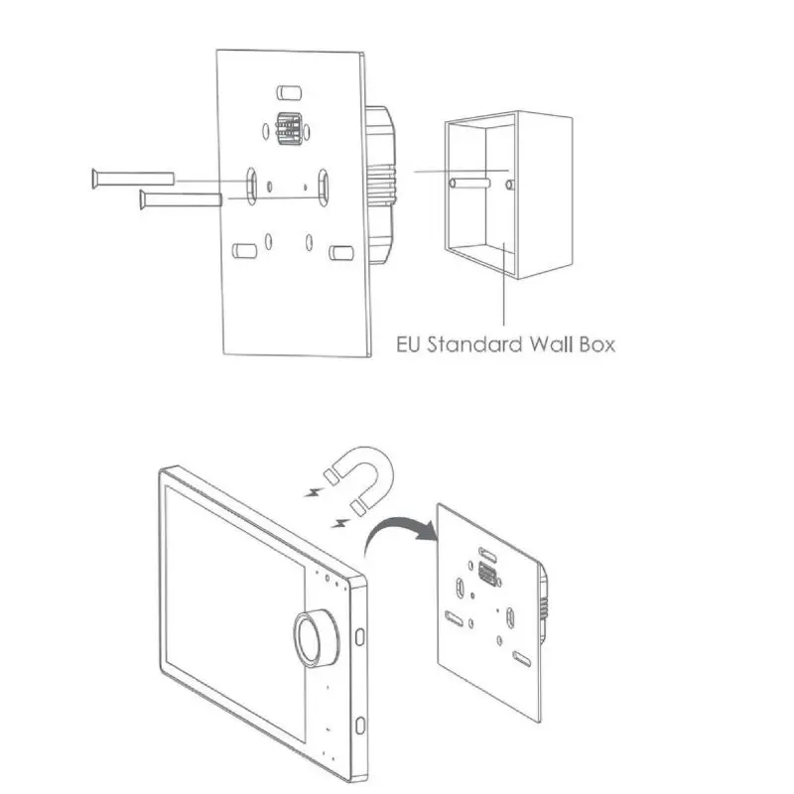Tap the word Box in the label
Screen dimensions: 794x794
pos(595,345)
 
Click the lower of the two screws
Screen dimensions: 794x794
pos(179,199)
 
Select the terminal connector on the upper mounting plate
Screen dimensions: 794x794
pos(288,130)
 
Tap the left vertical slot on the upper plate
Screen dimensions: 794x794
pos(252,185)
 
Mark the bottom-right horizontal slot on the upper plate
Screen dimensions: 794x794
pos(342,254)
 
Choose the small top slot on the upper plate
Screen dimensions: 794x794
pos(287,92)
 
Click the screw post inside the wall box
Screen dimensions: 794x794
pos(476,185)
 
